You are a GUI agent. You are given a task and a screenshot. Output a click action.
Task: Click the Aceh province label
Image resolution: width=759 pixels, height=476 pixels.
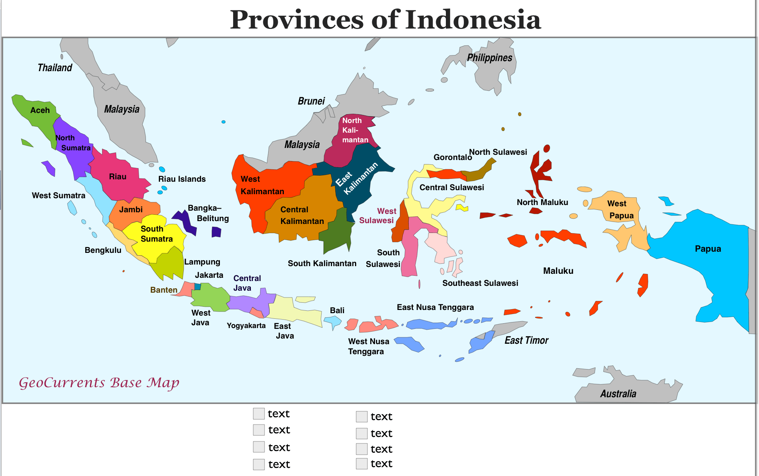click(x=40, y=110)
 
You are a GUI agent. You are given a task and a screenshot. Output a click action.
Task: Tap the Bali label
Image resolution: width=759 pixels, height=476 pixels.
click(x=337, y=310)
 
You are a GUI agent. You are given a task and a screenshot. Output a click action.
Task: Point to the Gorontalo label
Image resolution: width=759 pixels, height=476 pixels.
click(x=452, y=157)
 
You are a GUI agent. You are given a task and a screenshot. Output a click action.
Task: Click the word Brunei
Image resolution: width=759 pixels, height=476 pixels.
click(x=311, y=101)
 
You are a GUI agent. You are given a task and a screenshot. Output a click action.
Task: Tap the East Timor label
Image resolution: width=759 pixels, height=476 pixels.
click(x=526, y=341)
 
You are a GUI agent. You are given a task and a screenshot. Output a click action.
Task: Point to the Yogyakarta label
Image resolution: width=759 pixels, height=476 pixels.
click(x=246, y=325)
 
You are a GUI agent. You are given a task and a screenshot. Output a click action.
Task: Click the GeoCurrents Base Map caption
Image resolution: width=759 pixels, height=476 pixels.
click(x=99, y=382)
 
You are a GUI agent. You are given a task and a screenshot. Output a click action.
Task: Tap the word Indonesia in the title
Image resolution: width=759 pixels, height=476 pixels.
click(x=473, y=20)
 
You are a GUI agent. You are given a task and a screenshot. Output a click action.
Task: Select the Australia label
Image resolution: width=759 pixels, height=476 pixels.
click(x=618, y=394)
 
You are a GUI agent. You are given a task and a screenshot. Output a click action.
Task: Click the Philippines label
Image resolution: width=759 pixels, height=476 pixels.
click(x=489, y=58)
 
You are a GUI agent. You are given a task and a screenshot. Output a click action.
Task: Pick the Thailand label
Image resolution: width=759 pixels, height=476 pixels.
click(x=55, y=68)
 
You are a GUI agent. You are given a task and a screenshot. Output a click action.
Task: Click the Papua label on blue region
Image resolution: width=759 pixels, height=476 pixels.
click(x=708, y=248)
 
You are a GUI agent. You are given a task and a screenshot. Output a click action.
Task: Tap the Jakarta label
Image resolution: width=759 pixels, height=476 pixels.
click(x=209, y=275)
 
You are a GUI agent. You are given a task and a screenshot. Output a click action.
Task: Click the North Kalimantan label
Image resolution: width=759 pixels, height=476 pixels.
click(x=355, y=130)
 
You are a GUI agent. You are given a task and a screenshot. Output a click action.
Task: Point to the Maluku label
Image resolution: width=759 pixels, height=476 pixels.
click(x=558, y=271)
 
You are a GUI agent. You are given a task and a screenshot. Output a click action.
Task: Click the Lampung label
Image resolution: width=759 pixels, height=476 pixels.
click(x=202, y=262)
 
